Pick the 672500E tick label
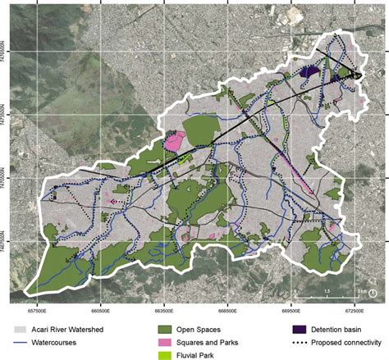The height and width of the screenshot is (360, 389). (354, 310)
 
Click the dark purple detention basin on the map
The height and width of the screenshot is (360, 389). (310, 72)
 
